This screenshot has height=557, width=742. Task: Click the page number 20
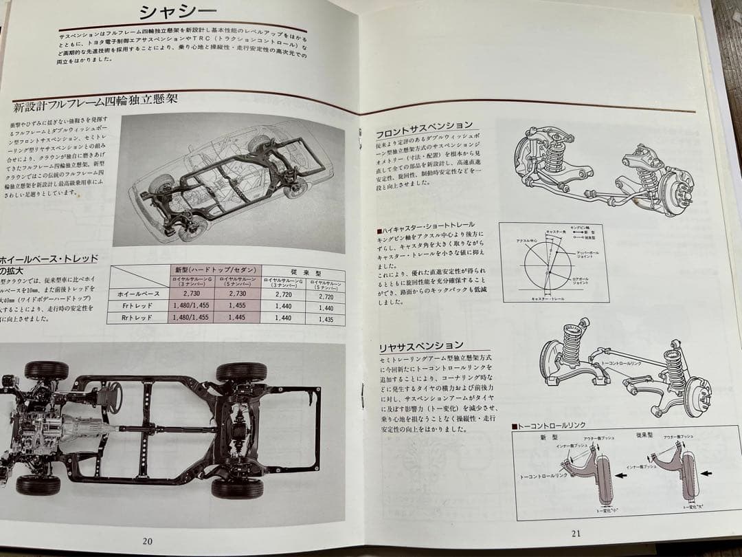147,540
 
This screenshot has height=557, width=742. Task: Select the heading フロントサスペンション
424,127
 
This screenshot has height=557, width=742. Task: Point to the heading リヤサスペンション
421,346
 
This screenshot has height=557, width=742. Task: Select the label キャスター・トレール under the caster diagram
549,298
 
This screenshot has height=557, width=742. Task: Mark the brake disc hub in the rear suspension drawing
695,396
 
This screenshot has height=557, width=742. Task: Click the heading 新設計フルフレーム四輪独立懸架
95,102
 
